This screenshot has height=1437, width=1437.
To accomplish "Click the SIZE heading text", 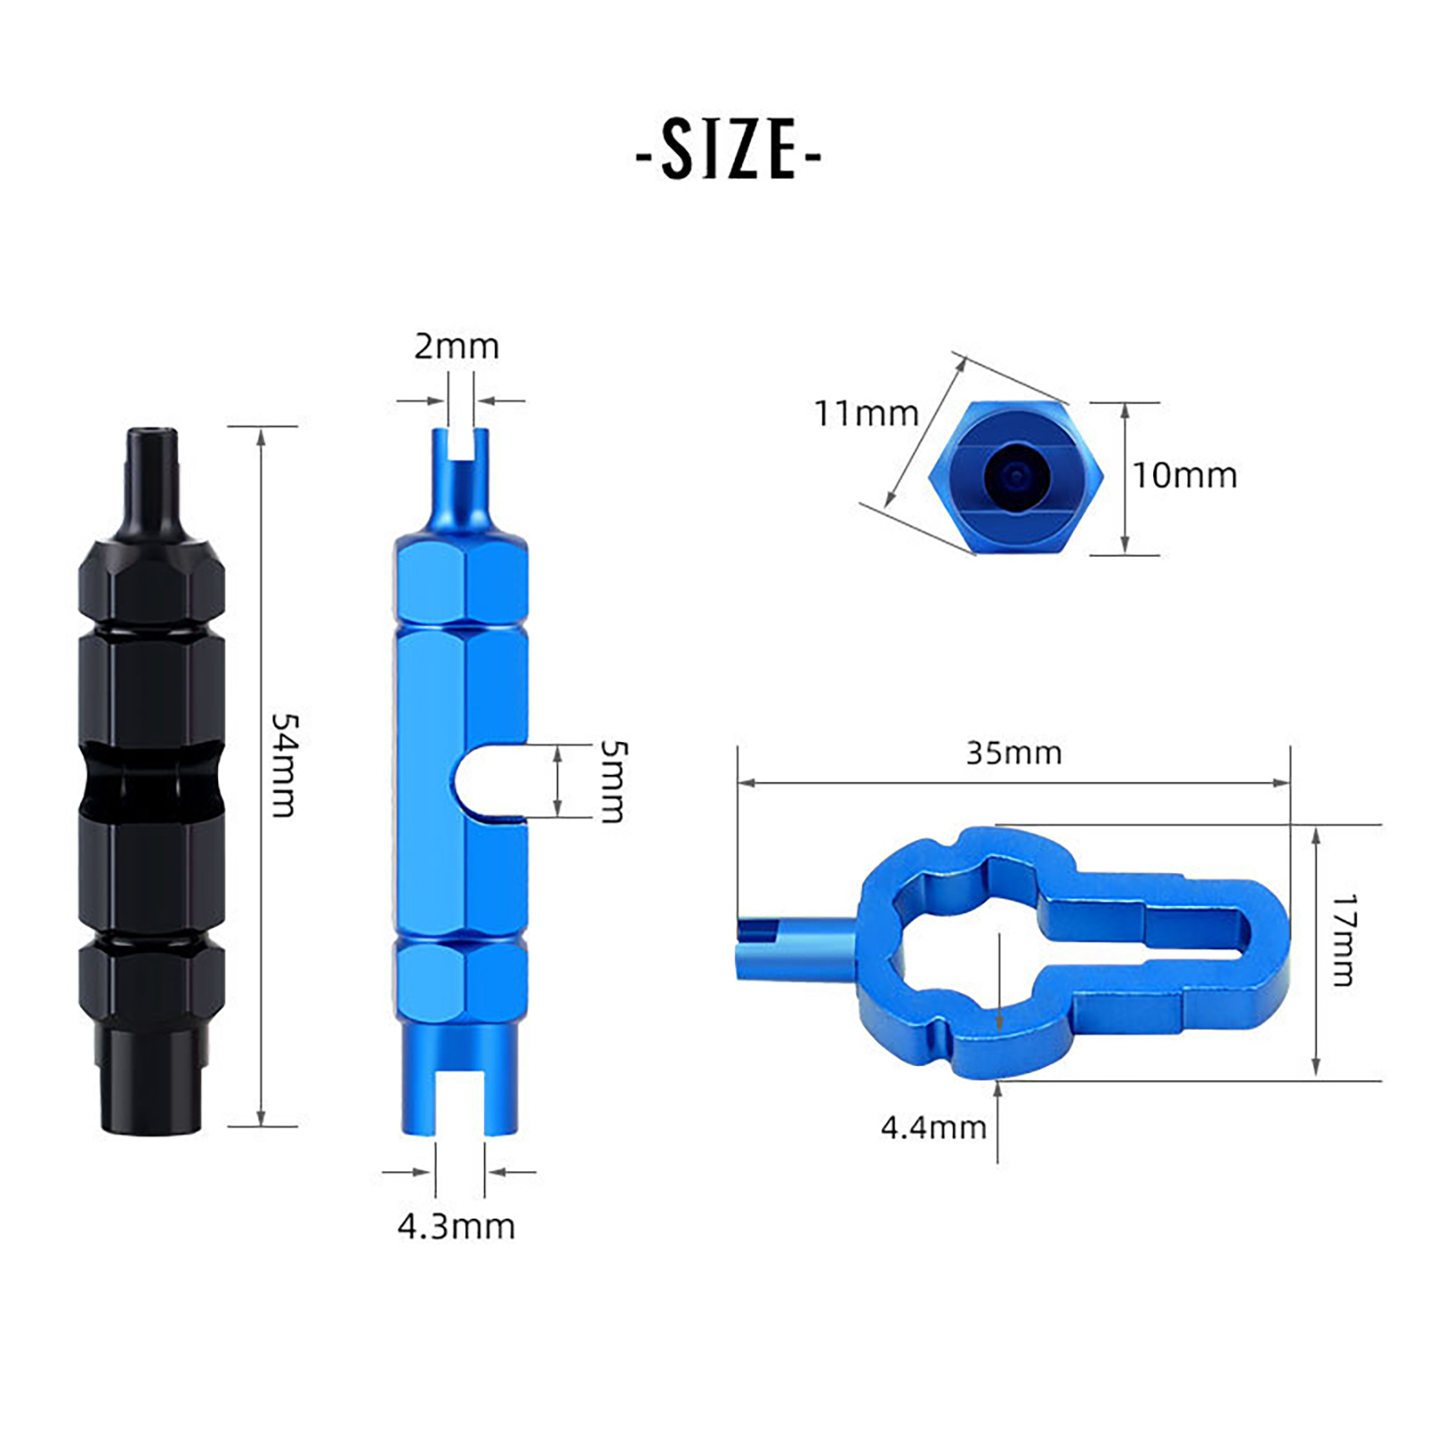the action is tap(728, 150).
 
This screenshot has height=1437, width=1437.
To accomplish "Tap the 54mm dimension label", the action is tap(285, 765).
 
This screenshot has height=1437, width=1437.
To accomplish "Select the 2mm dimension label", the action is tap(456, 347).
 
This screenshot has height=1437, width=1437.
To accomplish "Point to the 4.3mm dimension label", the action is tap(456, 1227).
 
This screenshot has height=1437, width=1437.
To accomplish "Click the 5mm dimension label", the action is tap(613, 781).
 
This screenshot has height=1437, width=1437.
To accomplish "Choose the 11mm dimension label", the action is tap(866, 414).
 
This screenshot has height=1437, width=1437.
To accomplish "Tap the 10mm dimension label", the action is tap(1185, 475).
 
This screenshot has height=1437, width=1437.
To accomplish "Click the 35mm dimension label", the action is tap(1014, 753).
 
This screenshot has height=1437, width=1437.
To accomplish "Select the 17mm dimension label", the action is tap(1344, 940).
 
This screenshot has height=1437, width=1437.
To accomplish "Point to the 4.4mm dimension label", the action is tap(933, 1127).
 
